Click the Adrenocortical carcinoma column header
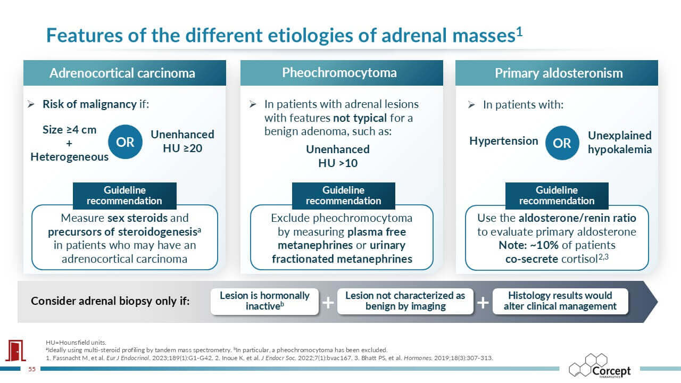click(x=124, y=73)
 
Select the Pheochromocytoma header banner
click(x=342, y=73)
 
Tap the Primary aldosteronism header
click(x=557, y=73)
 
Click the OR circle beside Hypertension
click(x=562, y=143)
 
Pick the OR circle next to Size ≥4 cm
click(x=125, y=141)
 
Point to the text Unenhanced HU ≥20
click(x=182, y=141)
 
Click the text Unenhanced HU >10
click(x=338, y=156)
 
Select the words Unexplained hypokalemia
click(x=620, y=142)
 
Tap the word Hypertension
click(x=504, y=141)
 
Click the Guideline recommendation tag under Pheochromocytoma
click(x=344, y=195)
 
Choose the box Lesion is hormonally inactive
click(x=264, y=301)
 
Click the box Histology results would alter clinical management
click(x=560, y=301)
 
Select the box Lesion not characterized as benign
click(x=405, y=301)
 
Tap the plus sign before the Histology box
click(x=483, y=303)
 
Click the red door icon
click(x=16, y=351)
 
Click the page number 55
click(x=32, y=369)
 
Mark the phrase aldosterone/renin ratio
click(x=577, y=218)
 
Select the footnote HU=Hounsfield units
click(x=76, y=343)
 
